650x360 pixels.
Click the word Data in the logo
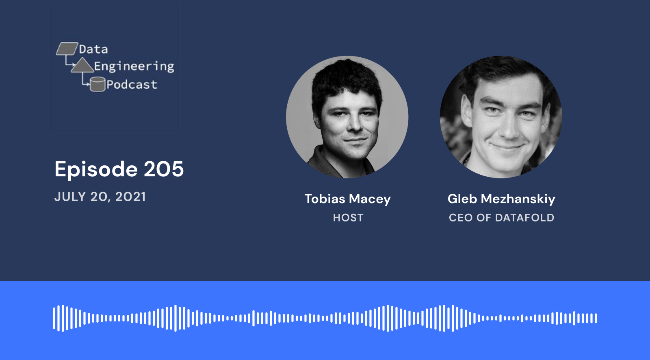point(93,49)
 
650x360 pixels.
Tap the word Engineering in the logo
point(134,67)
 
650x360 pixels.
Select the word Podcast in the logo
point(132,85)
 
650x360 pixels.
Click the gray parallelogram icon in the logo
point(67,48)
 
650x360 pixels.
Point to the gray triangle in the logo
point(82,65)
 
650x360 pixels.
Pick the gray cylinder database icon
point(97,84)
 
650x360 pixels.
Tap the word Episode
point(96,169)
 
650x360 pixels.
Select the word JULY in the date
point(70,197)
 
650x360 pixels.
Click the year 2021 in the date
point(130,197)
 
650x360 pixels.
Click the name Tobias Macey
point(348,199)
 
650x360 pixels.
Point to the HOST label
point(348,218)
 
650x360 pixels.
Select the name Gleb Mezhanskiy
point(501,199)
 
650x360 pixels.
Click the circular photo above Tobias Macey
point(347,117)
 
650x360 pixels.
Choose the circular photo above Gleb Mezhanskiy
point(501,117)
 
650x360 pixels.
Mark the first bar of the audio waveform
point(54,318)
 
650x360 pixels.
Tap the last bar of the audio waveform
point(596,318)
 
